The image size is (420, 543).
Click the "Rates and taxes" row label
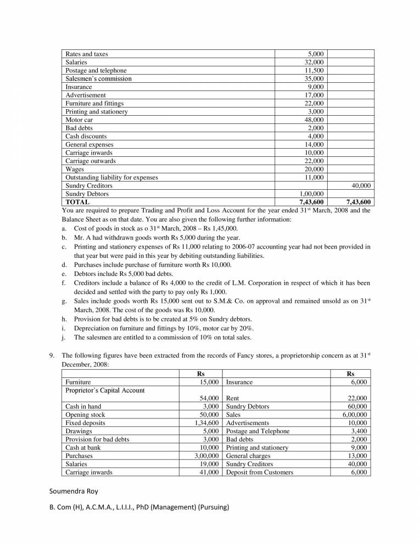pyautogui.click(x=87, y=54)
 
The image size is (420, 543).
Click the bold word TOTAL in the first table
pyautogui.click(x=77, y=202)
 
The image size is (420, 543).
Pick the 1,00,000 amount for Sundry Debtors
pyautogui.click(x=311, y=194)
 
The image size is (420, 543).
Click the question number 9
pyautogui.click(x=51, y=356)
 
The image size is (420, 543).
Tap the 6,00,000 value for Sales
pyautogui.click(x=355, y=415)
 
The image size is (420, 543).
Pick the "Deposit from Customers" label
pyautogui.click(x=260, y=472)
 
